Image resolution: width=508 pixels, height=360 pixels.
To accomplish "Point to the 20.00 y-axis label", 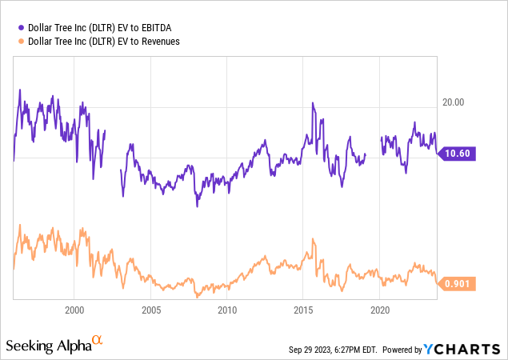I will pos(454,102).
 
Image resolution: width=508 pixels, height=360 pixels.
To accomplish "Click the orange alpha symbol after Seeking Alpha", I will pos(98,341).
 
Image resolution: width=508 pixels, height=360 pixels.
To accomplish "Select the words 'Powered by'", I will pos(403,350).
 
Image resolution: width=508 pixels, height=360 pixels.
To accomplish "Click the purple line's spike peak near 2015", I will pos(313,103).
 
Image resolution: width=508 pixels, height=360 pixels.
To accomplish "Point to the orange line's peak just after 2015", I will pos(313,238).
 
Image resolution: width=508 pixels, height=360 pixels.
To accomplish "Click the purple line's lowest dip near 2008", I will pos(197,206).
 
